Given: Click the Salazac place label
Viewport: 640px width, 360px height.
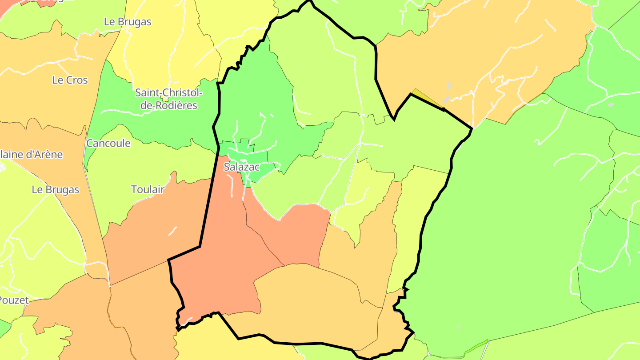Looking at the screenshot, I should tap(241, 167).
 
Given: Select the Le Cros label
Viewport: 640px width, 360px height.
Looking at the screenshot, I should tap(70, 80).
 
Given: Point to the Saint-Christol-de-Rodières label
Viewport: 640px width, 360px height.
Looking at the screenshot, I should tap(168, 99).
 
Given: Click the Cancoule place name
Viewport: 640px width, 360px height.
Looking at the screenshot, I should tap(108, 143).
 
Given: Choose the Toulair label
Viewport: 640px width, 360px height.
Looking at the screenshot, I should tap(148, 189).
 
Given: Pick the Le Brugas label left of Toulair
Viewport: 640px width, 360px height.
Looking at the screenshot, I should tap(55, 189).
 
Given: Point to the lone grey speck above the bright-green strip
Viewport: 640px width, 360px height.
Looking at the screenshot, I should tap(459, 327).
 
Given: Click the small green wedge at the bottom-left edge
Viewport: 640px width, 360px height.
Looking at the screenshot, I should tap(4, 329).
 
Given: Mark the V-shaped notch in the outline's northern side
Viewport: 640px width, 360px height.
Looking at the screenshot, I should tap(394, 118).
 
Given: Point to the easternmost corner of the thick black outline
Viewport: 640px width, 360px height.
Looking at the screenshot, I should tap(472, 129).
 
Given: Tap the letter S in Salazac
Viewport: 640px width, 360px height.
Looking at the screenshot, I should tap(227, 167).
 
